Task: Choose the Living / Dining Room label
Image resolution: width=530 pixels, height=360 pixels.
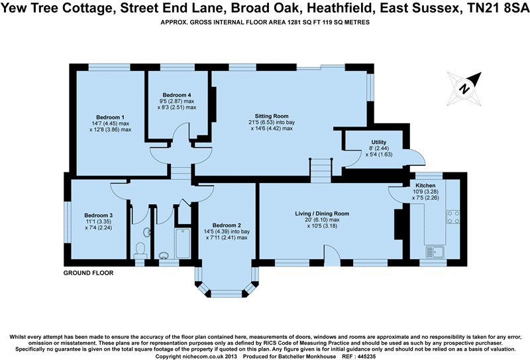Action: [x=322, y=213]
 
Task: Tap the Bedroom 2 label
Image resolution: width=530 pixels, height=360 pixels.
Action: [x=226, y=224]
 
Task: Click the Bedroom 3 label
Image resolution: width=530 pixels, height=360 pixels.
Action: [x=99, y=215]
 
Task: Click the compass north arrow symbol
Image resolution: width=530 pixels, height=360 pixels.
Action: [x=466, y=87]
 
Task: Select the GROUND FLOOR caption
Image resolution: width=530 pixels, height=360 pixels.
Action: [x=88, y=273]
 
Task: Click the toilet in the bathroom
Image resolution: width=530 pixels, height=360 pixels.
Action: [x=140, y=249]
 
